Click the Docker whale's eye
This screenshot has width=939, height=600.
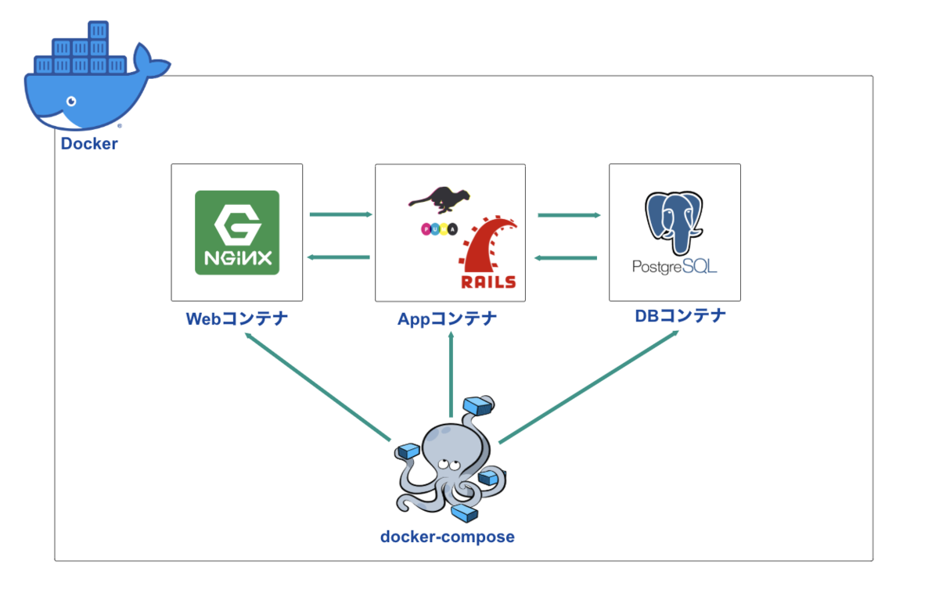72,101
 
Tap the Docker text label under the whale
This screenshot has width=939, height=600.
89,144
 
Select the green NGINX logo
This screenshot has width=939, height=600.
237,232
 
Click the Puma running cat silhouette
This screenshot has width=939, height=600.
439,199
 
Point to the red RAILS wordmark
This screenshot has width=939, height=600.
488,282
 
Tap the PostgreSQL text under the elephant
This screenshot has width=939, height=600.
675,267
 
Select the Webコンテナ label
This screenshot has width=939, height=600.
237,319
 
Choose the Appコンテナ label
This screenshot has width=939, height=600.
447,319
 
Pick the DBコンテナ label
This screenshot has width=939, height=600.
680,316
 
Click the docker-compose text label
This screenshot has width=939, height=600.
448,537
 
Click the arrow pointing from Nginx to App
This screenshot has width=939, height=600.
341,214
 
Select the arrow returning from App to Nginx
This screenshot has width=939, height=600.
339,257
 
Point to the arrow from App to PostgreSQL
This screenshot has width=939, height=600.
570,215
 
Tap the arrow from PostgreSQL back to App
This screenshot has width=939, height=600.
566,258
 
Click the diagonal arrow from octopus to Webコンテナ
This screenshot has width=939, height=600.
318,386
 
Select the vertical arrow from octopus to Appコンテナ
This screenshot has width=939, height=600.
451,375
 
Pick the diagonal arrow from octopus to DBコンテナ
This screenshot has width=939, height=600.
588,386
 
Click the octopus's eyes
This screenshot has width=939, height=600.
448,464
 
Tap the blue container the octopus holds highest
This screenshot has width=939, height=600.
478,405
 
